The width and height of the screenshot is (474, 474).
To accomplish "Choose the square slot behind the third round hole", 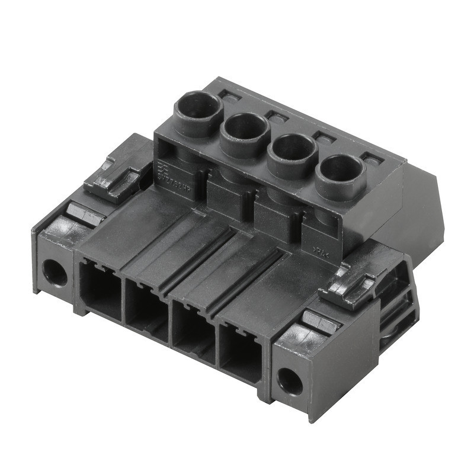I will point(324,137).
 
